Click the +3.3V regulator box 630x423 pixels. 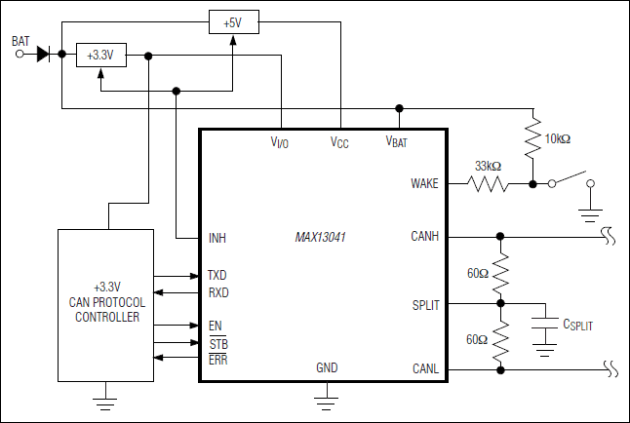(100, 56)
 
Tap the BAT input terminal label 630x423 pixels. (20, 41)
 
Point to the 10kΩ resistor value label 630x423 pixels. (557, 139)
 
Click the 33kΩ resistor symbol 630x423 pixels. (488, 183)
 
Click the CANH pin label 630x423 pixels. (425, 236)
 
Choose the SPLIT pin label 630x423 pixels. (426, 305)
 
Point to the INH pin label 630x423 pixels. (217, 238)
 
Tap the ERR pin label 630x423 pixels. (217, 361)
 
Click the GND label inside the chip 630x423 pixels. (328, 368)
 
